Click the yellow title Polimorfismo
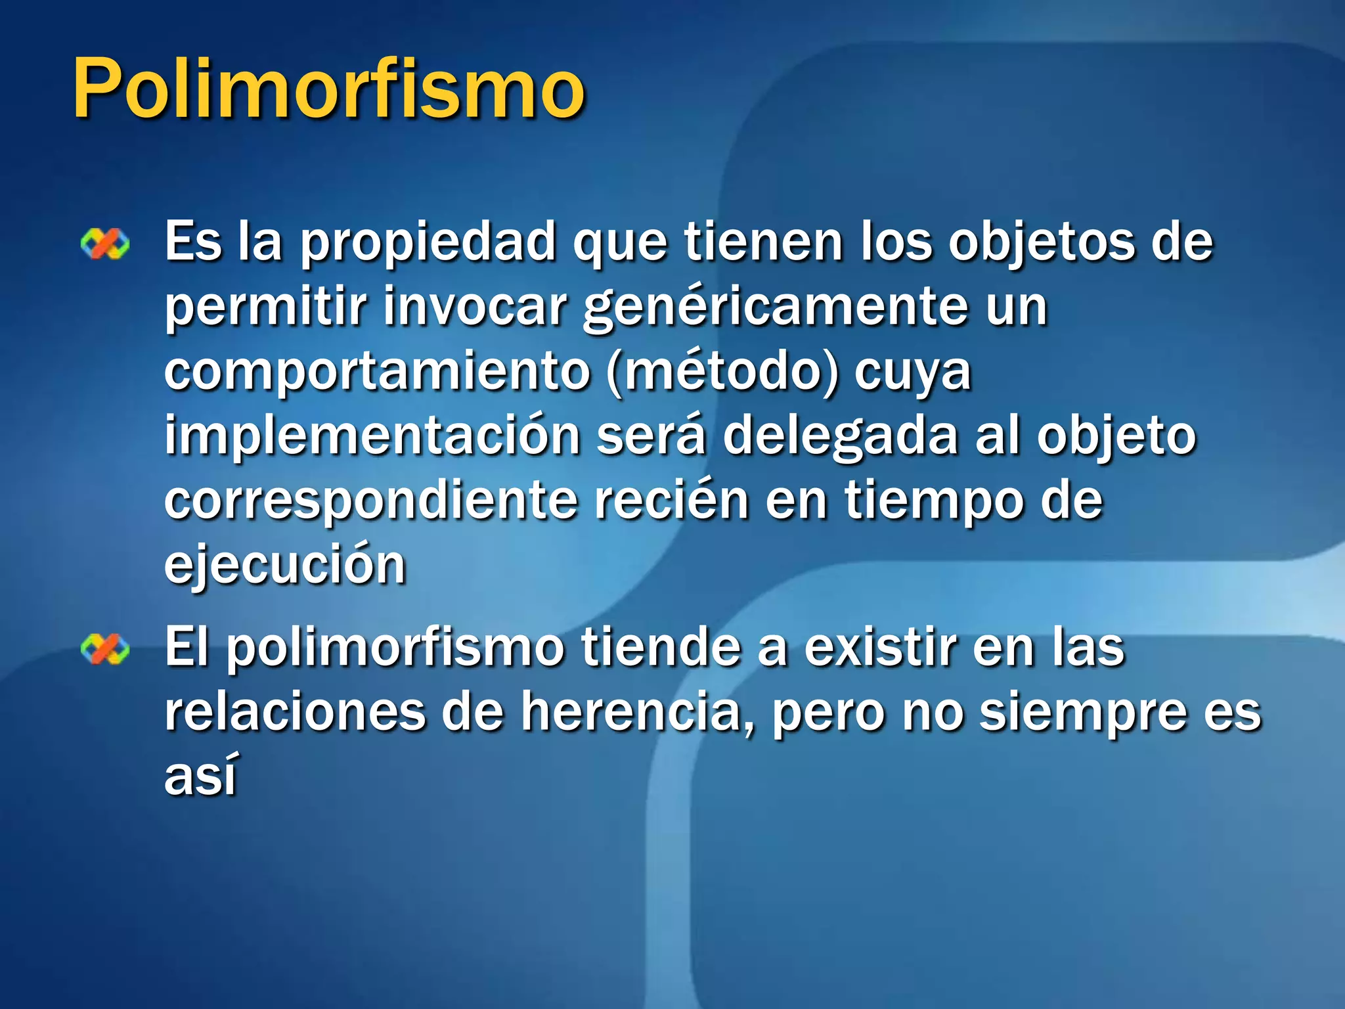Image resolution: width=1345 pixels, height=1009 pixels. tap(328, 89)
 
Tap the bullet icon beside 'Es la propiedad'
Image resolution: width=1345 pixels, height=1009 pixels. tap(105, 245)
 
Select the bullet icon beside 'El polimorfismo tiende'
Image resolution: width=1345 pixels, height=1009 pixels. tap(105, 650)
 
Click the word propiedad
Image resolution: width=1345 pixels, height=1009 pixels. tap(429, 243)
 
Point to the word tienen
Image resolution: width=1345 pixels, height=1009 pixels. tap(764, 242)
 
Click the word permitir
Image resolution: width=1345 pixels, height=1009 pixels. tap(266, 307)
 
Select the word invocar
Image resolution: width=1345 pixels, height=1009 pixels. tap(475, 307)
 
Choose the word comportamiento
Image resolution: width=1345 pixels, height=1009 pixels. tap(378, 372)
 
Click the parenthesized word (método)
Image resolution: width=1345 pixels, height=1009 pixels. tap(723, 372)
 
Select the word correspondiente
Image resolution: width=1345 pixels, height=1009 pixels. tap(371, 501)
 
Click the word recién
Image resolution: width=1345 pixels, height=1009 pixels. tap(672, 499)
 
